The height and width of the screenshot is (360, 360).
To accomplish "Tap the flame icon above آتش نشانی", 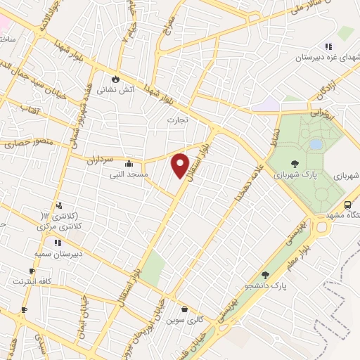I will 117,79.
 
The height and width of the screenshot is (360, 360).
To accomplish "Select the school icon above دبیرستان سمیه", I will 58,243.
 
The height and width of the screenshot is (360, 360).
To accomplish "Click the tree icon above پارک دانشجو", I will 265,276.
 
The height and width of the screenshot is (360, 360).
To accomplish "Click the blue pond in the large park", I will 316,144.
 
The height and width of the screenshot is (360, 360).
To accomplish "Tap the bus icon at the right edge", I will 347,205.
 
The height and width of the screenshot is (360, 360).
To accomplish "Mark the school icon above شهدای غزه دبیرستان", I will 328,46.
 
